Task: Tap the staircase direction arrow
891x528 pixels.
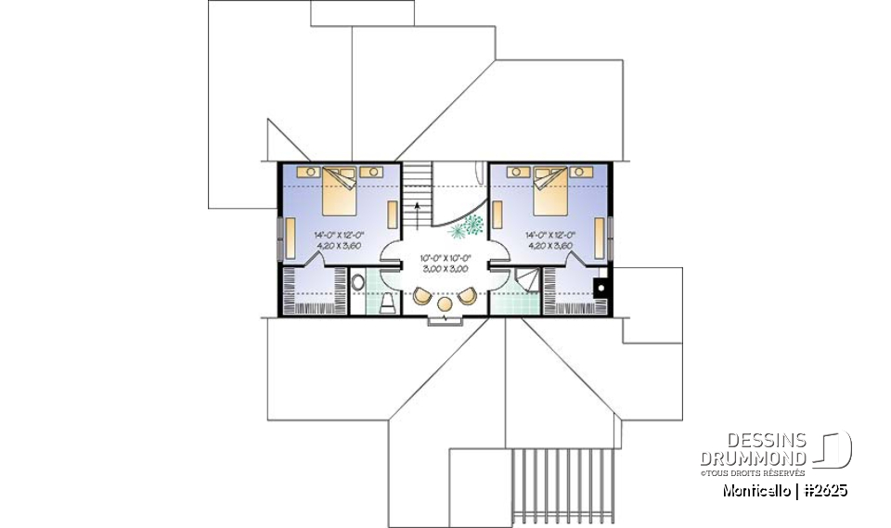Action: pyautogui.click(x=417, y=210)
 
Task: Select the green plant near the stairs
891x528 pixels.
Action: pyautogui.click(x=472, y=225)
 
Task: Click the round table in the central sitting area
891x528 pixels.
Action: pyautogui.click(x=444, y=303)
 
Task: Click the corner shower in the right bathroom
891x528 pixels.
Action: pyautogui.click(x=526, y=279)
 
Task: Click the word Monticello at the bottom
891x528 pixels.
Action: pyautogui.click(x=755, y=490)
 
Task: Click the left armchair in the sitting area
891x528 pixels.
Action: pyautogui.click(x=422, y=296)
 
